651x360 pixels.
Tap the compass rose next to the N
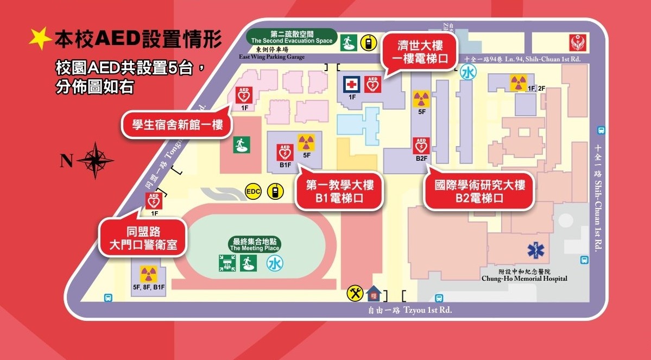[x=95, y=160]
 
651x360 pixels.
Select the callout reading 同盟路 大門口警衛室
[x=142, y=238]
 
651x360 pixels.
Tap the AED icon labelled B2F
[x=422, y=146]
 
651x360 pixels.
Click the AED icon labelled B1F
[x=285, y=153]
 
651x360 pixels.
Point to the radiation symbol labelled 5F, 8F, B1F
[x=146, y=274]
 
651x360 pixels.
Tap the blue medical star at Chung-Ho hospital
[x=536, y=250]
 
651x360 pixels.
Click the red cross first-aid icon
[x=352, y=84]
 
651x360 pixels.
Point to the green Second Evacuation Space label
[x=291, y=37]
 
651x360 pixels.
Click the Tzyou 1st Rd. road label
[x=409, y=310]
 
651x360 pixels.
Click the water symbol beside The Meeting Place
[x=275, y=264]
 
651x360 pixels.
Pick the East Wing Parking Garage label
[x=271, y=56]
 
